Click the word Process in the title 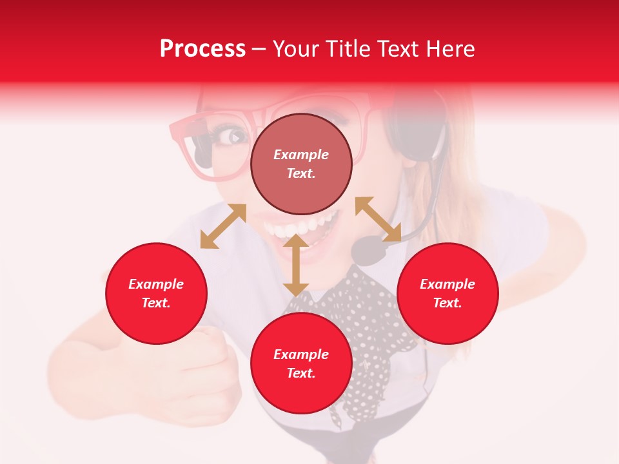click(x=202, y=49)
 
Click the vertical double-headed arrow click(x=296, y=265)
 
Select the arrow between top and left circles click(x=223, y=226)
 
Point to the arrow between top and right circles click(x=378, y=219)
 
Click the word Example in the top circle click(x=301, y=155)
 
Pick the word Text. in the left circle click(x=156, y=303)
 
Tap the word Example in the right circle click(x=447, y=284)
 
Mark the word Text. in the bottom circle click(x=301, y=373)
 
